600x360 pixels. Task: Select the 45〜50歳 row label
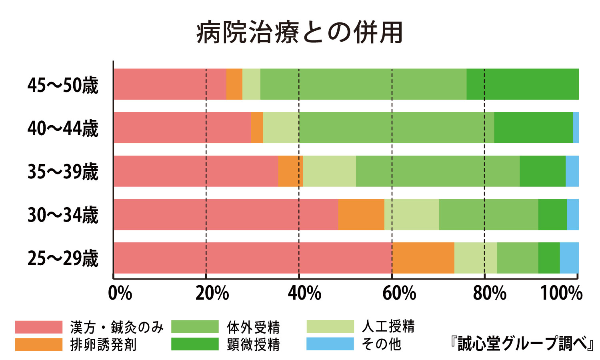[63, 85]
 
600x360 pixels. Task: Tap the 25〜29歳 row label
[63, 258]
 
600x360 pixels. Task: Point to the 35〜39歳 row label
[63, 172]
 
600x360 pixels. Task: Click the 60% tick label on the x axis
[399, 294]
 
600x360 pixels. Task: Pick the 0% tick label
[120, 294]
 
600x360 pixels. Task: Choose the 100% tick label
[561, 294]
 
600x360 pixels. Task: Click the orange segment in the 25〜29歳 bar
[423, 258]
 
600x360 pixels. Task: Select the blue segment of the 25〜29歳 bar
[569, 258]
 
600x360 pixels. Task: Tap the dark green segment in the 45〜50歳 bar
[522, 84]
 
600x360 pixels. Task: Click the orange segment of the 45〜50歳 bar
[234, 84]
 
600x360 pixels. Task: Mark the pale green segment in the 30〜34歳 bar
[411, 214]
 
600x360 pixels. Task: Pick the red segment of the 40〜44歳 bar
[182, 128]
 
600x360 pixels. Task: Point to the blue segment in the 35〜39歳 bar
[572, 171]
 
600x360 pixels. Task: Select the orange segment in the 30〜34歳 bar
[361, 214]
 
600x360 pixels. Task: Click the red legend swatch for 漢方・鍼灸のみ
[39, 327]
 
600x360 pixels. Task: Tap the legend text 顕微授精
[253, 344]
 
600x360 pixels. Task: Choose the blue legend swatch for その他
[330, 344]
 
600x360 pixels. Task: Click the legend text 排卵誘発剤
[103, 344]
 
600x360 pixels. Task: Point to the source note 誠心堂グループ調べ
[522, 344]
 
